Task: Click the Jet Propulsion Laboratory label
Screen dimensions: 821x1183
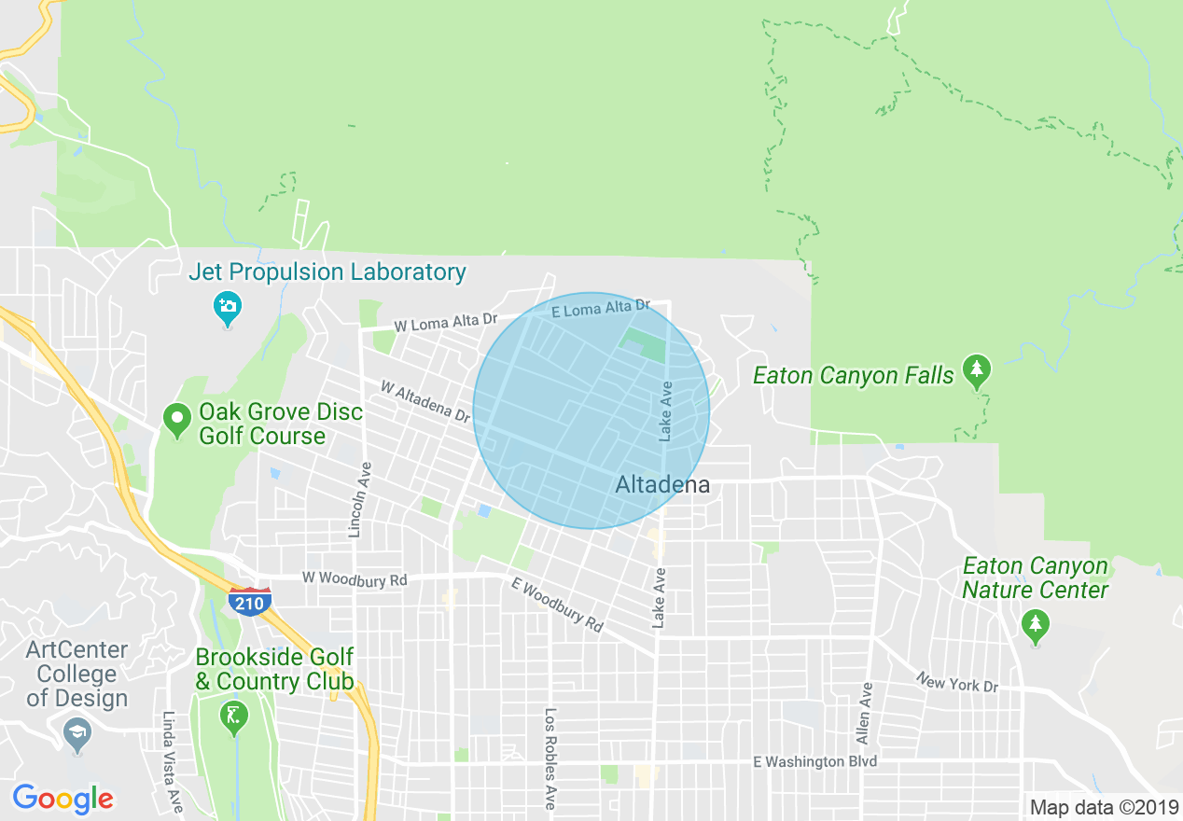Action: tap(327, 272)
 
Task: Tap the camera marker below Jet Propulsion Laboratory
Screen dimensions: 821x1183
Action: tap(227, 306)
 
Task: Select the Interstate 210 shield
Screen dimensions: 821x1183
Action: tap(249, 602)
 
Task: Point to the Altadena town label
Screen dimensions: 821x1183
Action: tap(662, 484)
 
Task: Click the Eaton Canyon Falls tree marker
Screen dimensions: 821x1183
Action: tap(977, 370)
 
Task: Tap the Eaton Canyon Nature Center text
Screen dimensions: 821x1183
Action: tap(1035, 578)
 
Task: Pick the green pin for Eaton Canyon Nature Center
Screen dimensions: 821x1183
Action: tap(1034, 624)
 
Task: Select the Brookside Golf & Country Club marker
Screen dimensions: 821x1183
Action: tap(230, 716)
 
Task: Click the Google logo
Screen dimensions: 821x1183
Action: tap(63, 799)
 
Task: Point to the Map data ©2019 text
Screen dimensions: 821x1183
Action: tap(1104, 806)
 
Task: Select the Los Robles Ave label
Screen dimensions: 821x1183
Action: tap(550, 758)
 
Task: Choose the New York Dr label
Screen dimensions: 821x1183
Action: tap(956, 683)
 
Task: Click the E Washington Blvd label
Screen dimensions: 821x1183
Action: tap(815, 761)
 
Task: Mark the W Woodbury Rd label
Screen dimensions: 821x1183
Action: tap(355, 579)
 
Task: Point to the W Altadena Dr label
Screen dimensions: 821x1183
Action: tap(425, 399)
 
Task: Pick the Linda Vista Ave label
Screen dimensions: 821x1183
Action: tap(171, 760)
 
